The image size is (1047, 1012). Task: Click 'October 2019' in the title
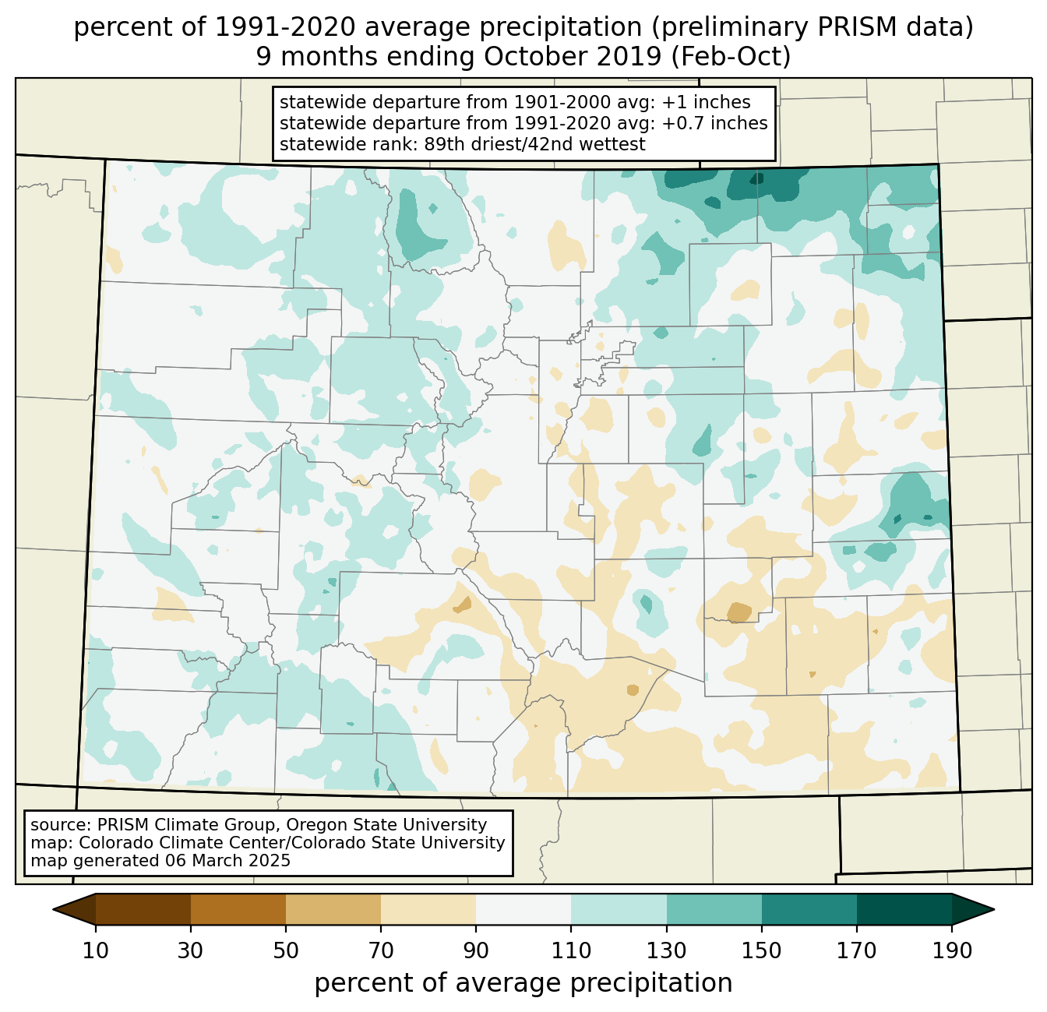tap(573, 56)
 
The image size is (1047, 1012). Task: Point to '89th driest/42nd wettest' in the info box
tap(535, 145)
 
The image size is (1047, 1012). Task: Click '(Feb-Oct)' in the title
tap(731, 56)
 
